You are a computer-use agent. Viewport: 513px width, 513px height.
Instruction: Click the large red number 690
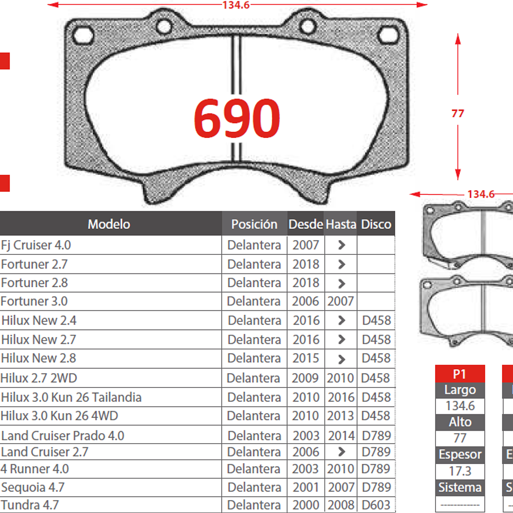(x=237, y=118)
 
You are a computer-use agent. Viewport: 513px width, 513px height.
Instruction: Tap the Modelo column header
(x=109, y=224)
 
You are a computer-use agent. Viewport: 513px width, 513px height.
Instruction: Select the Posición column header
(x=254, y=224)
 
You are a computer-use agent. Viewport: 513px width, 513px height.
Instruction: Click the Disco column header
(x=376, y=224)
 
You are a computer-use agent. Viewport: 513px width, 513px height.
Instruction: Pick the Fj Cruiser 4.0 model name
(x=36, y=245)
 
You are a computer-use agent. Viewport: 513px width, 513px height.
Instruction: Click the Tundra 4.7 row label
(x=30, y=505)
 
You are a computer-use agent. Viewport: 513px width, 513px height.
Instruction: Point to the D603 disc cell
(x=376, y=505)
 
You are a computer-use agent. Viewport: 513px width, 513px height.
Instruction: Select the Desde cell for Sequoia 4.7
(x=306, y=487)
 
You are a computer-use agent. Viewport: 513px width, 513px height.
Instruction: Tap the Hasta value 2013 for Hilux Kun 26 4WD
(x=340, y=416)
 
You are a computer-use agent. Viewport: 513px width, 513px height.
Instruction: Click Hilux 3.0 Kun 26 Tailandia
(x=71, y=397)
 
